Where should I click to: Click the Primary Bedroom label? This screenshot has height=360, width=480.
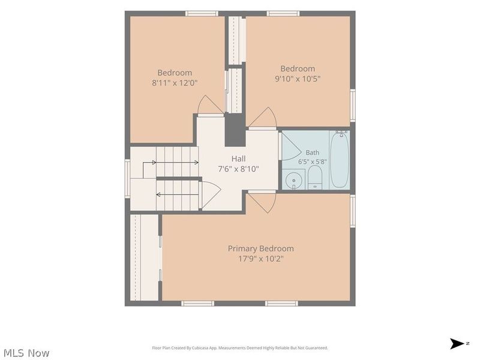pyautogui.click(x=260, y=248)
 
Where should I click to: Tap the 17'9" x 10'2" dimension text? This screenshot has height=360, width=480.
pyautogui.click(x=261, y=259)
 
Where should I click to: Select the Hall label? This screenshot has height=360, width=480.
pyautogui.click(x=238, y=158)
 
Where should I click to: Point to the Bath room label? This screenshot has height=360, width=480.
pyautogui.click(x=312, y=152)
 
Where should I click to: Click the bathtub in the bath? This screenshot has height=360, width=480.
pyautogui.click(x=340, y=160)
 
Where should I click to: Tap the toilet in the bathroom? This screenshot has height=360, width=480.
pyautogui.click(x=314, y=178)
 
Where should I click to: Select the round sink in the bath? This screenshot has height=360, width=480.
pyautogui.click(x=293, y=181)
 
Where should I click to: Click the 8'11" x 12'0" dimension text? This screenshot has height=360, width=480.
pyautogui.click(x=175, y=83)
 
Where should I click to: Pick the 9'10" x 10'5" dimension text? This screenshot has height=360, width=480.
pyautogui.click(x=298, y=79)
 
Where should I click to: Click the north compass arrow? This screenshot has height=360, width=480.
pyautogui.click(x=457, y=343)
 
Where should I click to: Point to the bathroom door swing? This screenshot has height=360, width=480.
pyautogui.click(x=291, y=146)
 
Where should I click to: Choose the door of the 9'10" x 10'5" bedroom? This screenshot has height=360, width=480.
pyautogui.click(x=263, y=117)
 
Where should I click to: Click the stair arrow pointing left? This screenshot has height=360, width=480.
pyautogui.click(x=177, y=194)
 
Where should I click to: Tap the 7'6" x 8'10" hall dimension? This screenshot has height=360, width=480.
pyautogui.click(x=238, y=169)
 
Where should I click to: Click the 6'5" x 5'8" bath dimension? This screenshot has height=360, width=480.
pyautogui.click(x=312, y=161)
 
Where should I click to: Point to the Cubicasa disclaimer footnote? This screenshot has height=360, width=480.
pyautogui.click(x=240, y=348)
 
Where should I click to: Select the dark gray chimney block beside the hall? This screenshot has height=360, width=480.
pyautogui.click(x=235, y=130)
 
